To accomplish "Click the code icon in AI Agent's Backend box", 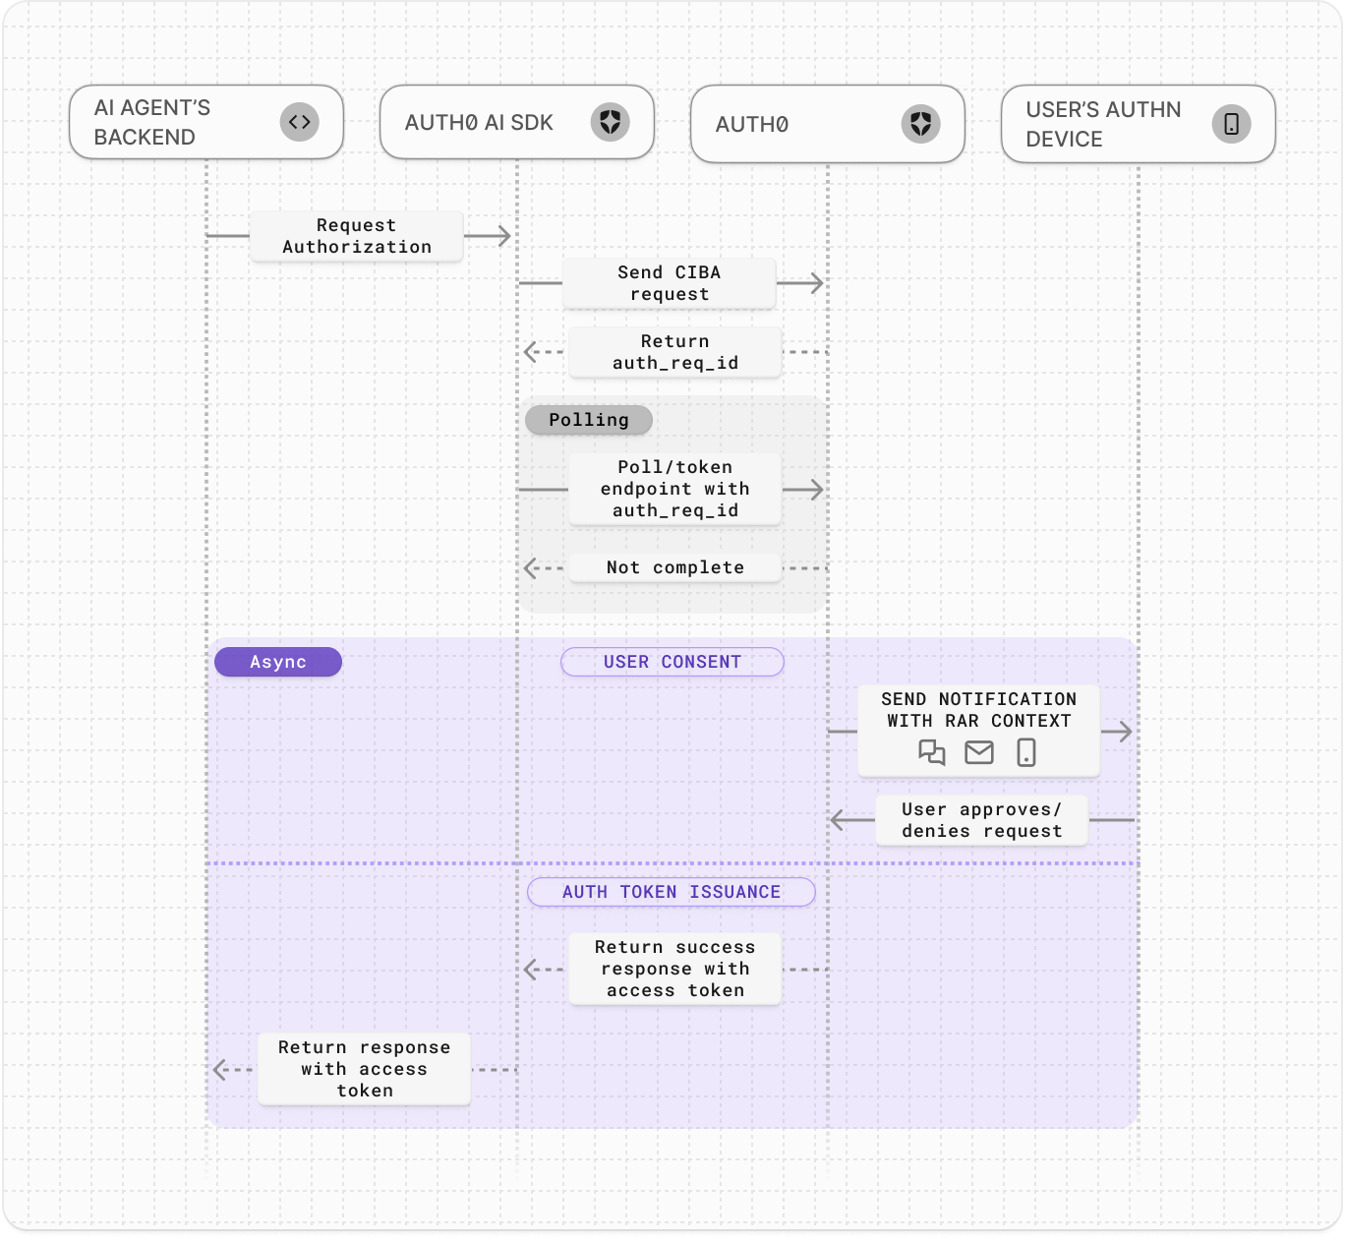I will click(x=300, y=122).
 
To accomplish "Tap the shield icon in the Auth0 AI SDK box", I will click(x=610, y=122).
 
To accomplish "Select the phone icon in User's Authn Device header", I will click(x=1231, y=124).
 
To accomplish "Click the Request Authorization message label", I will click(x=356, y=236).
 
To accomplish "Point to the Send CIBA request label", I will click(x=670, y=283).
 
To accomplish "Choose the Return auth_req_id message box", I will click(x=674, y=352).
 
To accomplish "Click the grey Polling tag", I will click(x=588, y=420).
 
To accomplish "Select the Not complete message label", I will click(x=674, y=567).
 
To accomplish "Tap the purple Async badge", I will click(x=278, y=662).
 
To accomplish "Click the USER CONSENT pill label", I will click(x=672, y=662).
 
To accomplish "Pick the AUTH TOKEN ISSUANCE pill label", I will click(x=672, y=892).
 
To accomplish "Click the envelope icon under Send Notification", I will click(x=979, y=753).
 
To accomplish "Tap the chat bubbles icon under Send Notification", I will click(x=931, y=753).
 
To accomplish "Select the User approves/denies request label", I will click(x=981, y=820).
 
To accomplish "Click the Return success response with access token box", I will click(x=674, y=969).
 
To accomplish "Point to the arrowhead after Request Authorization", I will click(x=503, y=236).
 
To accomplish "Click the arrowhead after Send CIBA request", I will click(x=815, y=283).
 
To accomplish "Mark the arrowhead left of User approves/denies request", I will click(x=838, y=820).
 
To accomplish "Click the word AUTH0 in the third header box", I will click(x=752, y=125).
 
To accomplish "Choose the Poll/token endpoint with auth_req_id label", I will click(x=674, y=489).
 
